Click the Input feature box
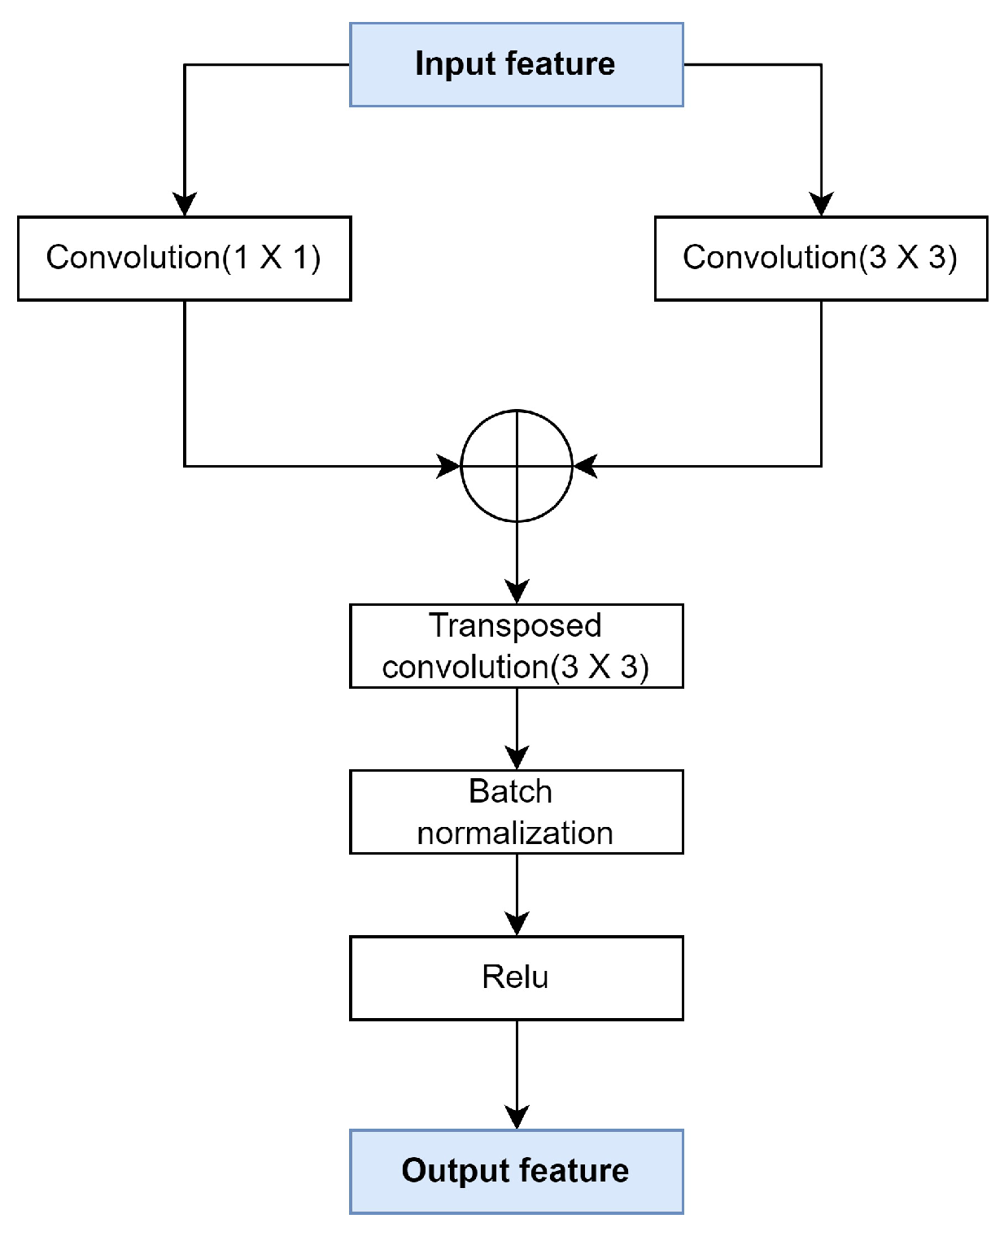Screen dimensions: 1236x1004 [x=516, y=65]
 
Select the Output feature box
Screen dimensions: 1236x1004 [x=516, y=1171]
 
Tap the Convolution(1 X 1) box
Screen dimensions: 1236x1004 [x=185, y=259]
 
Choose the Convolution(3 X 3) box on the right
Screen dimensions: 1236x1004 [x=820, y=259]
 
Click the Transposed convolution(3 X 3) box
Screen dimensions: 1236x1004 [x=516, y=646]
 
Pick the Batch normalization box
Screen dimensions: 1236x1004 [x=516, y=812]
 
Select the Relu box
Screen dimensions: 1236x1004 [x=516, y=977]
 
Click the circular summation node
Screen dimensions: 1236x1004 [x=517, y=466]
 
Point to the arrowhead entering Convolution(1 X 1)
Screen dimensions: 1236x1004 [x=185, y=204]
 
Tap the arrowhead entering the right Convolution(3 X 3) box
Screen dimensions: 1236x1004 [x=821, y=204]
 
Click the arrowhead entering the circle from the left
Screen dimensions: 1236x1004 [x=448, y=466]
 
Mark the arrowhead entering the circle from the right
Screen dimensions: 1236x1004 [x=586, y=466]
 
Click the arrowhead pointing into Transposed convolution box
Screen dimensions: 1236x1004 [x=517, y=591]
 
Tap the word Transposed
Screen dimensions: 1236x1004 [x=515, y=626]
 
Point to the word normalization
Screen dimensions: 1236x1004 [x=515, y=833]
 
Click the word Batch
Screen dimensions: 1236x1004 [x=510, y=792]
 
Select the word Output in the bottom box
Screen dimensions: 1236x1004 [x=443, y=1171]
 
